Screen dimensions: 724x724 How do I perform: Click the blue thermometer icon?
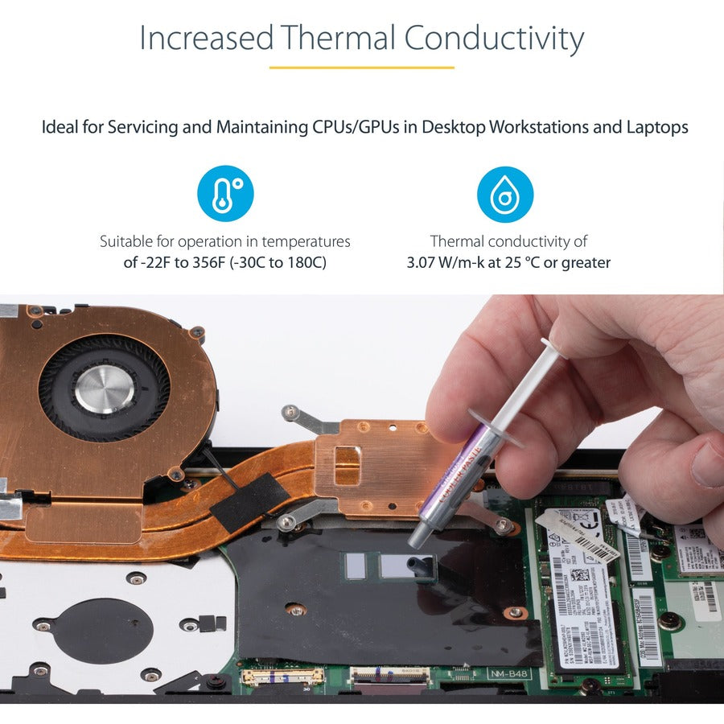225,194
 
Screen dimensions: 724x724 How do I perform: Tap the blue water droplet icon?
505,194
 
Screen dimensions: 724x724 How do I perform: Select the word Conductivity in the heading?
494,38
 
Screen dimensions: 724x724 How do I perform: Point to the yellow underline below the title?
361,68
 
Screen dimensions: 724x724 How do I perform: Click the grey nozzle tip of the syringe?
417,537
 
